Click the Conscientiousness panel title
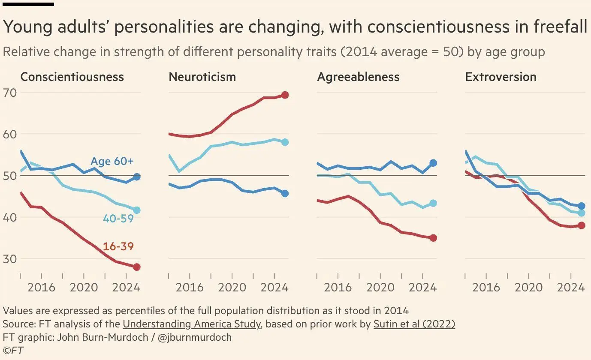coord(72,77)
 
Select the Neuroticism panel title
coord(202,77)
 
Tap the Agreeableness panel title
coord(358,77)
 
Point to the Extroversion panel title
coord(501,77)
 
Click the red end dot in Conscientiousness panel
coord(137,267)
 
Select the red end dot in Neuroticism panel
coord(285,95)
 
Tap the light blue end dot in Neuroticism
coord(285,142)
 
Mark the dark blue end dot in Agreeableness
coord(433,163)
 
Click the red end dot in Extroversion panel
coord(582,225)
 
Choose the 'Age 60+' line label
coord(112,162)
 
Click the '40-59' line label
coord(118,219)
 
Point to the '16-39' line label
coord(118,247)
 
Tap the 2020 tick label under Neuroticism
coord(232,287)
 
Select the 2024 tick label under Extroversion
coord(570,287)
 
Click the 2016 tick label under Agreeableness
coord(338,287)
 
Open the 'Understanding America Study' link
coord(191,324)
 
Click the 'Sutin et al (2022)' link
coord(414,324)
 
